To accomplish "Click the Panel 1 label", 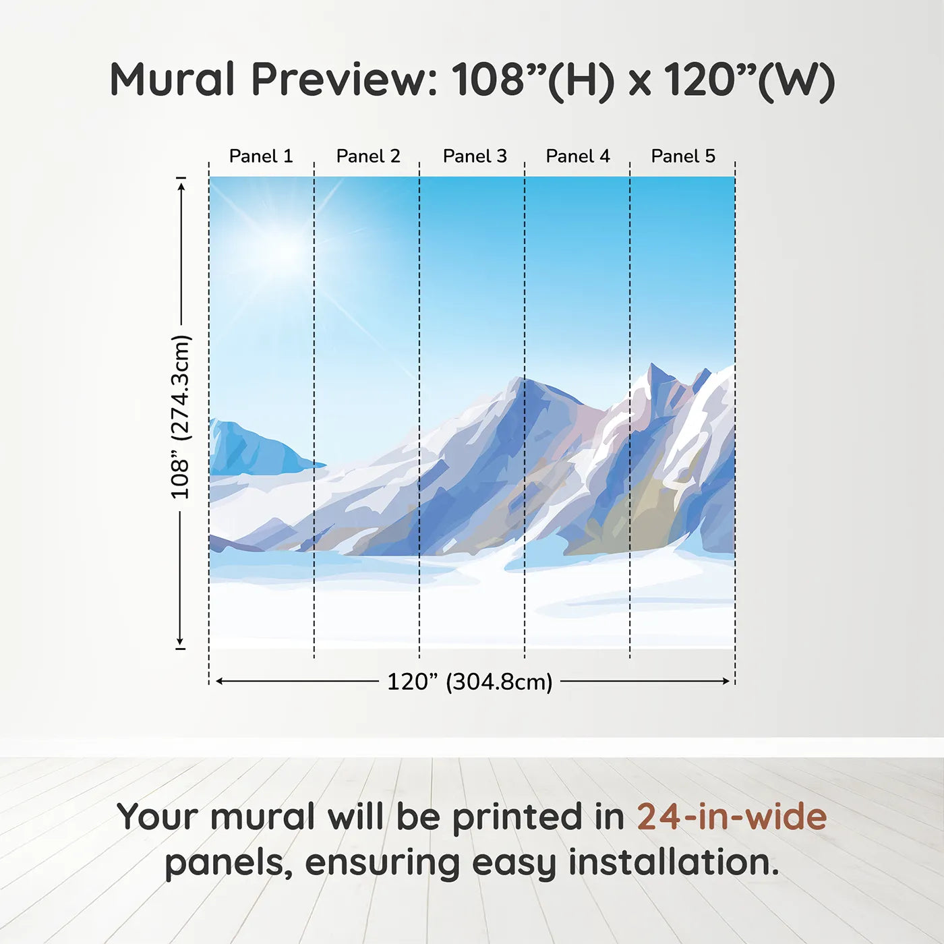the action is tap(261, 156).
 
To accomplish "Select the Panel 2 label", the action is tap(368, 156).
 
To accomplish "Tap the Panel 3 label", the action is tap(475, 156).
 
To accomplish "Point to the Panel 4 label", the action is tap(578, 156).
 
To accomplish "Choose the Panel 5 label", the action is tap(683, 156).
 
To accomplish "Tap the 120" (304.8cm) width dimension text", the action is tap(470, 682).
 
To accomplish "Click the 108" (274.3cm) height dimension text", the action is tap(180, 417).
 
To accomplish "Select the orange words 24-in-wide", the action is tap(732, 817).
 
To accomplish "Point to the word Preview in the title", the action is tap(344, 80).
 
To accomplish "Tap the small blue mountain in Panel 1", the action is tap(257, 448).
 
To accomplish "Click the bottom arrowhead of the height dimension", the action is tap(180, 640).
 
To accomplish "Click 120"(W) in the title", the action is tap(750, 80).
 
